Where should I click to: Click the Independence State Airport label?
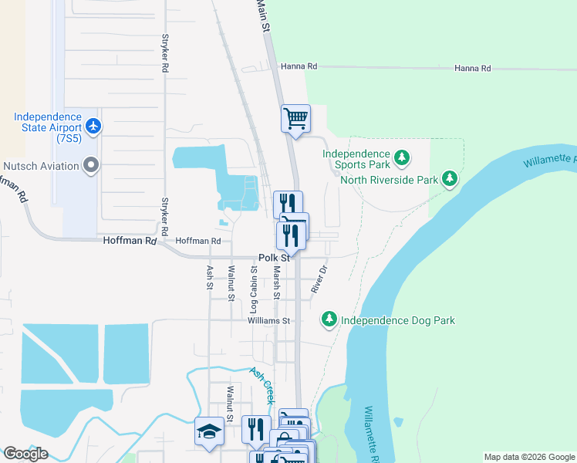tap(47, 127)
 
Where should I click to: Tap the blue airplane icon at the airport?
tap(93, 124)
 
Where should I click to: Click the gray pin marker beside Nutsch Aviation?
tap(92, 165)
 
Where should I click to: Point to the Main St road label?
tap(264, 15)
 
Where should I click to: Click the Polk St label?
tap(274, 258)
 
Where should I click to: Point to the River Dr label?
tap(320, 279)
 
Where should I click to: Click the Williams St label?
tap(268, 320)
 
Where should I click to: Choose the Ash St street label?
tap(209, 277)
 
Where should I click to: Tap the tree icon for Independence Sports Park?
tap(401, 158)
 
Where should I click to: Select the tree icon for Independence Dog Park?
tap(329, 319)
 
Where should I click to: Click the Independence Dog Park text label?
tap(398, 320)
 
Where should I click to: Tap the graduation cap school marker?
tap(209, 431)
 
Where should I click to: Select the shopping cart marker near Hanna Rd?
tap(295, 119)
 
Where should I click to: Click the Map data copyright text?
tap(529, 457)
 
